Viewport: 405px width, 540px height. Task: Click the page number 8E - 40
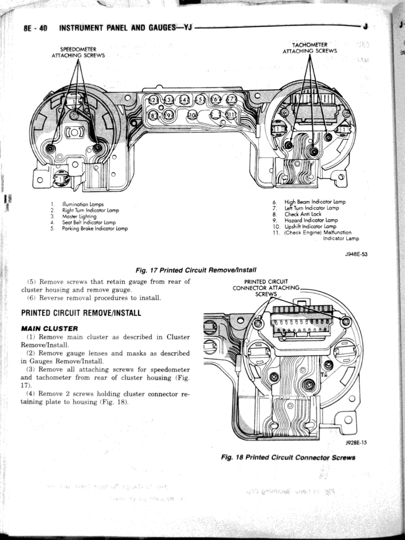[35, 28]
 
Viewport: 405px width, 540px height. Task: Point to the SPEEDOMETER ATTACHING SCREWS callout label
[78, 52]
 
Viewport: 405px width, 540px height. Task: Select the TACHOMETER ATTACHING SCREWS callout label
[310, 47]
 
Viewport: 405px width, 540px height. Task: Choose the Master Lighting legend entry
[75, 216]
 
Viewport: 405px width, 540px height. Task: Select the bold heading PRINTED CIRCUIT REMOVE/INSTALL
[81, 313]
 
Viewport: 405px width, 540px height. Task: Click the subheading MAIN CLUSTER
[50, 329]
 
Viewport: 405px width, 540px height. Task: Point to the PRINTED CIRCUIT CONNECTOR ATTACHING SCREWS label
[266, 287]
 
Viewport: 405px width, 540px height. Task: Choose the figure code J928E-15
[356, 443]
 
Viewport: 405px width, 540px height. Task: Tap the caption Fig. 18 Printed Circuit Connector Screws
[288, 457]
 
